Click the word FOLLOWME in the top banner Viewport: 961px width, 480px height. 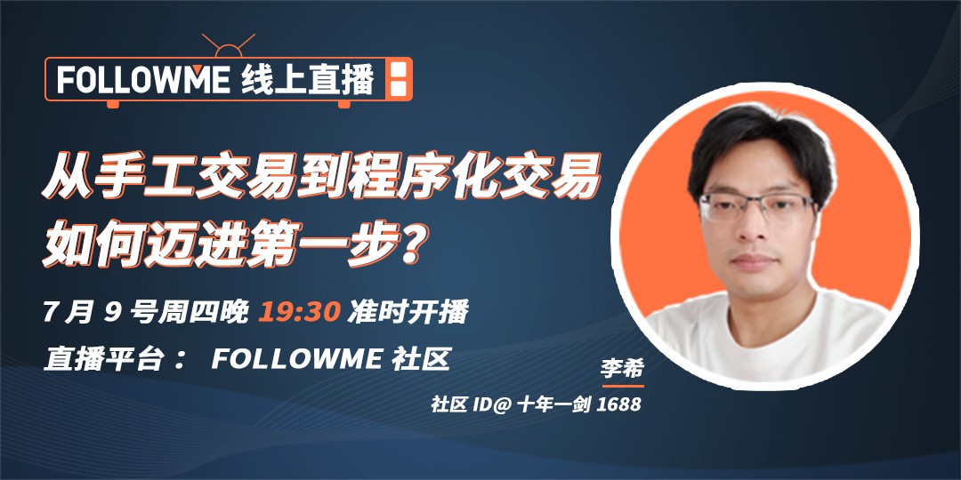pyautogui.click(x=143, y=79)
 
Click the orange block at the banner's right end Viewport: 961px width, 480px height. pyautogui.click(x=399, y=78)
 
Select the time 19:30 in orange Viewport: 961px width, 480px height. pyautogui.click(x=299, y=313)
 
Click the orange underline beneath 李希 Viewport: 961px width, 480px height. pyautogui.click(x=623, y=386)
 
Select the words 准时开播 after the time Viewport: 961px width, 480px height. pyautogui.click(x=408, y=313)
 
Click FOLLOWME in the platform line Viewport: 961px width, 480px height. pyautogui.click(x=297, y=360)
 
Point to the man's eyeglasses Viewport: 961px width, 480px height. pyautogui.click(x=757, y=207)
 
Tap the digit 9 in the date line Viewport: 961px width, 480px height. pyautogui.click(x=111, y=313)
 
